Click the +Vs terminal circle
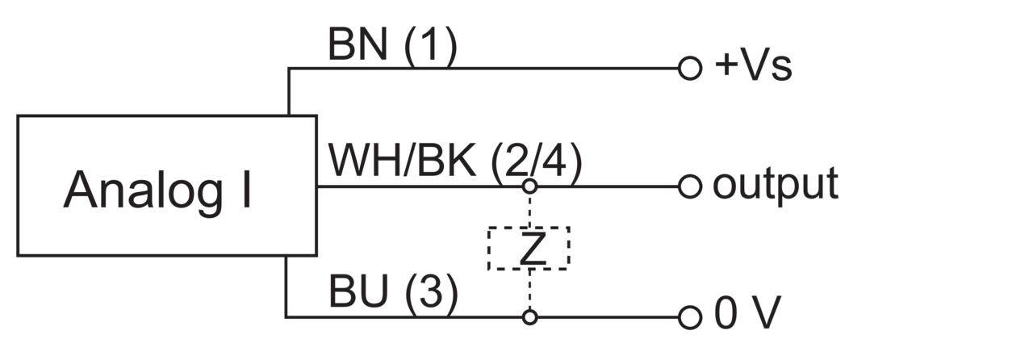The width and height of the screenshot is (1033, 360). point(690,69)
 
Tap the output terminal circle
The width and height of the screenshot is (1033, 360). point(690,187)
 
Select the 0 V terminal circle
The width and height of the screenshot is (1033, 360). point(690,317)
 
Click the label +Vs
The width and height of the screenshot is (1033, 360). point(753,65)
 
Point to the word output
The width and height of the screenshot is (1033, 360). point(776,185)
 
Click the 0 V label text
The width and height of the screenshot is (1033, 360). point(747,312)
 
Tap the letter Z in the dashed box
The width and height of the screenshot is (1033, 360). point(532,249)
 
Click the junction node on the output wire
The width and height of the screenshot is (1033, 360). point(530,186)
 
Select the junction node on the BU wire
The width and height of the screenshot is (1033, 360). point(530,317)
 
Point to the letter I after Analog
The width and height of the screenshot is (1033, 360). point(247,190)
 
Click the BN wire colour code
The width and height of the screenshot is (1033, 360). point(357,44)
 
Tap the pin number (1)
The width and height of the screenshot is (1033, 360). point(431,46)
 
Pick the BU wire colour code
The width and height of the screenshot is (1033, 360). point(358,291)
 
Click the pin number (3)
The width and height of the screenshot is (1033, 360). point(432,295)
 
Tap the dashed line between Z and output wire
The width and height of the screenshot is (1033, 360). point(530,211)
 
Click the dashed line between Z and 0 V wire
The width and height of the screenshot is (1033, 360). point(530,290)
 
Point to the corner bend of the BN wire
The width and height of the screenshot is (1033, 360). point(289,69)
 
